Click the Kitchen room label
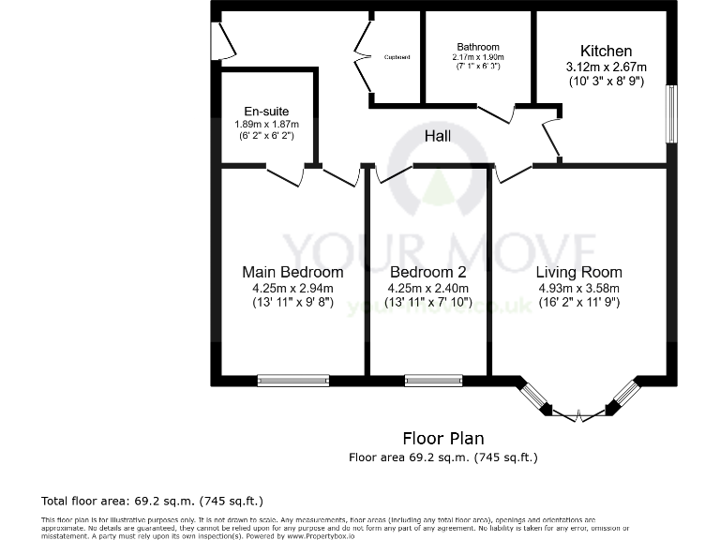click(x=606, y=51)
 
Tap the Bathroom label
click(x=478, y=47)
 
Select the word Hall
click(x=437, y=136)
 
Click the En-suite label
click(x=265, y=110)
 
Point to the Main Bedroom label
click(x=292, y=272)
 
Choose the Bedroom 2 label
click(x=427, y=272)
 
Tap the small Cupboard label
click(x=397, y=57)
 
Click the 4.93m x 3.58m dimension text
click(x=578, y=288)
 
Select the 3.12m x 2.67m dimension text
click(x=607, y=67)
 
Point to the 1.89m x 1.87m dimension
click(x=266, y=124)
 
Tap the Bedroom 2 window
click(x=427, y=380)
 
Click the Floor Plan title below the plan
click(x=443, y=438)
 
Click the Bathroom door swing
click(x=497, y=115)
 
